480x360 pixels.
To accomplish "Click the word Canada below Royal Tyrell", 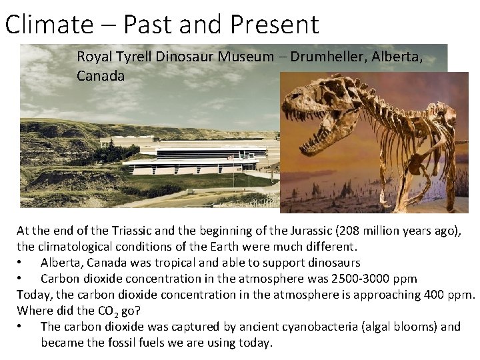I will (x=101, y=76).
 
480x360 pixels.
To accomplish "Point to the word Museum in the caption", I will (x=246, y=57).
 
